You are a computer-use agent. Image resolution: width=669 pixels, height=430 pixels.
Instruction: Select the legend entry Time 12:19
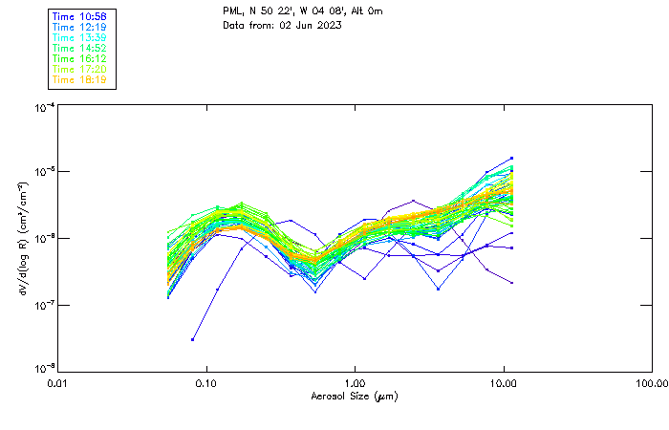[x=80, y=29]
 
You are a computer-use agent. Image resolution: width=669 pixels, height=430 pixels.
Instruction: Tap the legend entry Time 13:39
[x=80, y=38]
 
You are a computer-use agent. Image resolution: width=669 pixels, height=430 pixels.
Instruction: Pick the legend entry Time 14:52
[x=80, y=49]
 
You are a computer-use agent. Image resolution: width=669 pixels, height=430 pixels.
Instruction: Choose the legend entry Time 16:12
[x=80, y=58]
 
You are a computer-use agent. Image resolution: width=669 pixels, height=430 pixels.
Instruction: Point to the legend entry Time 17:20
[x=80, y=69]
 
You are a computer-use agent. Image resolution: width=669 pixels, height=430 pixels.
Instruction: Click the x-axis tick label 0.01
[x=57, y=384]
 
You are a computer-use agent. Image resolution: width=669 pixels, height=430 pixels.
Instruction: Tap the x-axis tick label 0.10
[x=206, y=384]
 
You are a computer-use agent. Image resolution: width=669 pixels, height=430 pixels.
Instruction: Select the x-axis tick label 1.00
[x=356, y=384]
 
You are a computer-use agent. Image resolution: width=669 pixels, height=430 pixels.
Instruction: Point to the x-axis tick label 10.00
[x=504, y=384]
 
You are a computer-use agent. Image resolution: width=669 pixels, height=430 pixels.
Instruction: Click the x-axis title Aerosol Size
[x=355, y=396]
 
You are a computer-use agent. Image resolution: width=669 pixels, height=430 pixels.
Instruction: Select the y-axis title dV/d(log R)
[x=23, y=238]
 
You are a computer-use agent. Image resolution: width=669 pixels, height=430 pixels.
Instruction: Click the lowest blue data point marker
[x=193, y=339]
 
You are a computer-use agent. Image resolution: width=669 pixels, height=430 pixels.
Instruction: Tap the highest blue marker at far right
[x=512, y=158]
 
